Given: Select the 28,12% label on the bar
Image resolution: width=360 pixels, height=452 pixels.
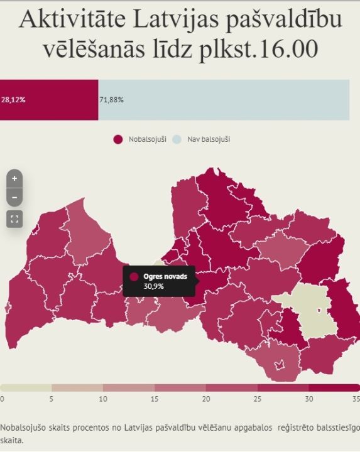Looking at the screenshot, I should [x=13, y=99].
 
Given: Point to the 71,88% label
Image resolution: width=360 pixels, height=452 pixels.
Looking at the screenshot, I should [x=111, y=99].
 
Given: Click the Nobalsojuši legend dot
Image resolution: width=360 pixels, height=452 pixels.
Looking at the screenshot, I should [x=117, y=139].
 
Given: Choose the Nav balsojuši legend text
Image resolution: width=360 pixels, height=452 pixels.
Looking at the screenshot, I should [x=209, y=139].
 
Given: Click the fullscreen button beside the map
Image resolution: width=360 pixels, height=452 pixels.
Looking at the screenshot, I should [x=14, y=218].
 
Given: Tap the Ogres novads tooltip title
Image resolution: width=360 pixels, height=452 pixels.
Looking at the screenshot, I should [x=165, y=276].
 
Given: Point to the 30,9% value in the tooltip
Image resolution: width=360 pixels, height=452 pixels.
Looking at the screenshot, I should [x=154, y=286].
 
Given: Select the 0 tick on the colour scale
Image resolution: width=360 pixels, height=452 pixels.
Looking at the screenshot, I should [x=2, y=399].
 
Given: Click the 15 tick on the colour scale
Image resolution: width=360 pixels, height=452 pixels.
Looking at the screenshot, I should [x=155, y=399].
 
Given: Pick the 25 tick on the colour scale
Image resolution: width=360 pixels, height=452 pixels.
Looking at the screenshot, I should [x=257, y=399].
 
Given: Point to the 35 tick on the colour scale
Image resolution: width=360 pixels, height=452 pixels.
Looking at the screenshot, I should [x=356, y=399].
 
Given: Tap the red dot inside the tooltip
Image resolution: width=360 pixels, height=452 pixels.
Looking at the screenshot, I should [x=134, y=277].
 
